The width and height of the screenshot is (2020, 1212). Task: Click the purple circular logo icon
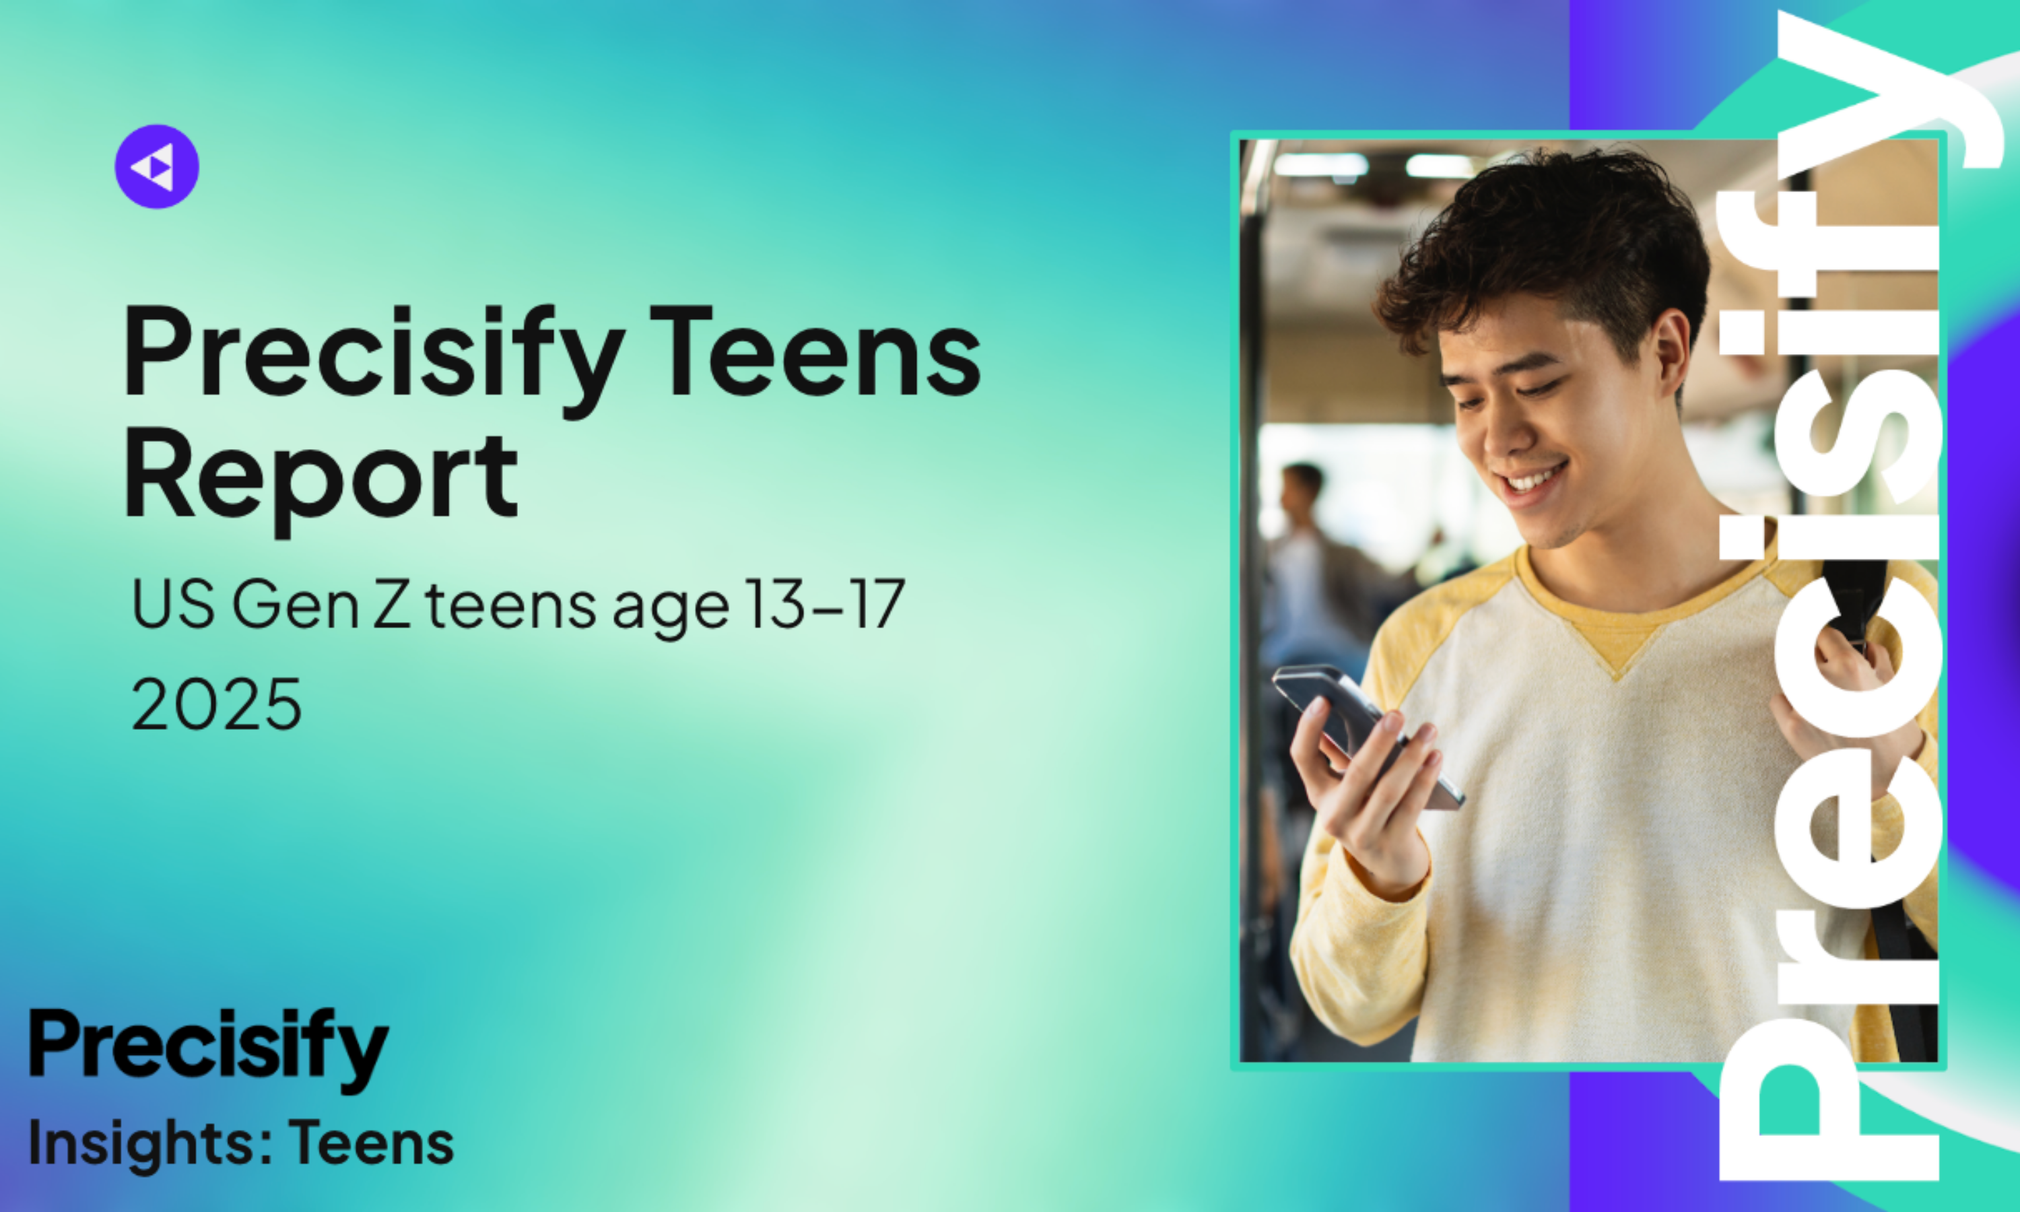point(157,166)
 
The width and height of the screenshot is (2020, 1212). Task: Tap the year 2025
point(216,704)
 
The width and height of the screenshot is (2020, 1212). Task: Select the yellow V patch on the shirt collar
point(1617,645)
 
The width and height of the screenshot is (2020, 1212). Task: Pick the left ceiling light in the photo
point(1320,166)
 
